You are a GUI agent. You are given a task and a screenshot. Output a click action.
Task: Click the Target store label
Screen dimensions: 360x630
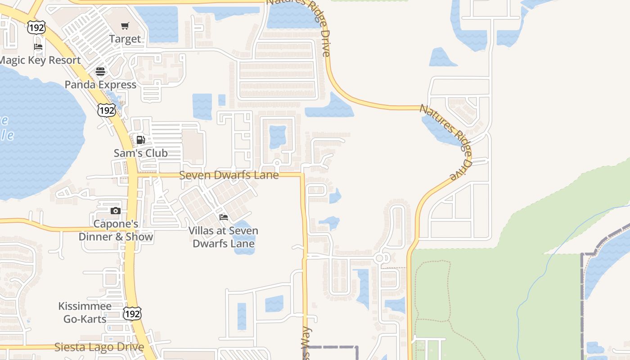tap(125, 39)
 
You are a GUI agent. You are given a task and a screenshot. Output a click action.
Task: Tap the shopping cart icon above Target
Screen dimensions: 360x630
tap(125, 26)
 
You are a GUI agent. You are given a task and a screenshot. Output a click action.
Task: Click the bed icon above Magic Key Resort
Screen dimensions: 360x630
tap(38, 47)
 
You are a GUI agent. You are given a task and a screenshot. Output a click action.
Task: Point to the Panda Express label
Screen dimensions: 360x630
tap(100, 85)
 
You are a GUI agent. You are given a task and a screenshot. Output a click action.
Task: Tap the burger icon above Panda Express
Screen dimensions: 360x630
tap(100, 72)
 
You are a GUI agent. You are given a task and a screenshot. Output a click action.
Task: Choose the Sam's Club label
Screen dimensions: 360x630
tap(140, 153)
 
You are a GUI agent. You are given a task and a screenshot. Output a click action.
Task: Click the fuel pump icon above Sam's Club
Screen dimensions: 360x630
tap(140, 139)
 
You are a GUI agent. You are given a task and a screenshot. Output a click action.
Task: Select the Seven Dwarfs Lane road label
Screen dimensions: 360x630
tap(229, 175)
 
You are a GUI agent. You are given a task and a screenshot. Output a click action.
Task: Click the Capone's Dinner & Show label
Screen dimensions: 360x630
tap(116, 230)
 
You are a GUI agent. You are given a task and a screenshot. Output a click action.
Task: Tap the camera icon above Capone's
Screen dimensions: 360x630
tap(116, 211)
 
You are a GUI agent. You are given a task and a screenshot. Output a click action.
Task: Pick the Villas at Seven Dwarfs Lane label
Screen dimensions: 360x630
tap(223, 237)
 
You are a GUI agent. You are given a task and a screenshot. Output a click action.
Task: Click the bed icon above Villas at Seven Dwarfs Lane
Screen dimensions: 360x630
tap(223, 217)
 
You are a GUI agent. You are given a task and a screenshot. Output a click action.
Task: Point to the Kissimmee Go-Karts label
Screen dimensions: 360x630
tap(85, 313)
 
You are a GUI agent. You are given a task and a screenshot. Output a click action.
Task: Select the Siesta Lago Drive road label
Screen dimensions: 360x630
tap(99, 347)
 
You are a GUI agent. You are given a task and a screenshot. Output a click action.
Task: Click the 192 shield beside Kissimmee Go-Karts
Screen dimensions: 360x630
tap(132, 313)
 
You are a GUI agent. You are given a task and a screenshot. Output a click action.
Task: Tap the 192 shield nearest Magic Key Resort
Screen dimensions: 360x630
tap(36, 27)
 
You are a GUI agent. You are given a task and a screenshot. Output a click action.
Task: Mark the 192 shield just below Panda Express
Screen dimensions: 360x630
tap(107, 109)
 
